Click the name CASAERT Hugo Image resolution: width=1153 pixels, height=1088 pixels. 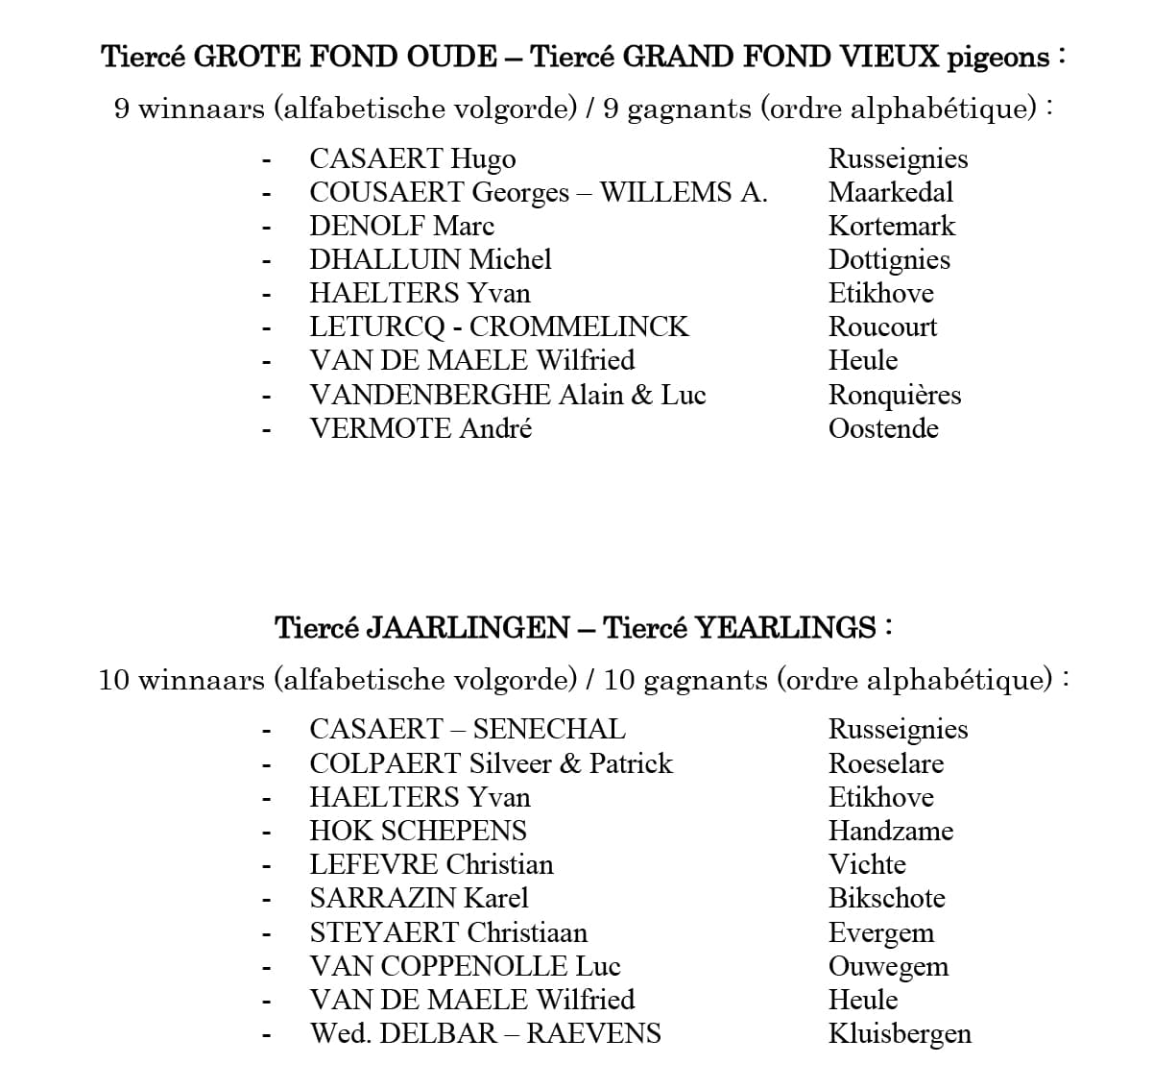(x=412, y=159)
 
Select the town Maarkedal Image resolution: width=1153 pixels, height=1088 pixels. (x=890, y=192)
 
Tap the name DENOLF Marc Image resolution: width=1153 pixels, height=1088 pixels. (x=401, y=227)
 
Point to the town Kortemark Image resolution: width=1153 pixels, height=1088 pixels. (x=891, y=227)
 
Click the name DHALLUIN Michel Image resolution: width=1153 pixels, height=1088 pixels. (x=430, y=260)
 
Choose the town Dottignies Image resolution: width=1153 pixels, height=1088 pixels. (x=888, y=260)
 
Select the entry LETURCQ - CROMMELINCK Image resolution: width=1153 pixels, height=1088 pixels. (x=498, y=327)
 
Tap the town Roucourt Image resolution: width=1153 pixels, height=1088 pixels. (x=882, y=327)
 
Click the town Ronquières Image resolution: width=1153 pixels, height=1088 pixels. (x=894, y=396)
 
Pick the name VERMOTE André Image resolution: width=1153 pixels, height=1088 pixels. (x=420, y=429)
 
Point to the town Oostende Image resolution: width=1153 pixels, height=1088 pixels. (x=882, y=429)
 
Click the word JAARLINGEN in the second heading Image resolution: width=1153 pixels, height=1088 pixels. (x=468, y=628)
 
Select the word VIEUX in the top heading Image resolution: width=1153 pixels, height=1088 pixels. (x=890, y=58)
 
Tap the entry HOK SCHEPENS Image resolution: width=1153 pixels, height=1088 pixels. (x=418, y=832)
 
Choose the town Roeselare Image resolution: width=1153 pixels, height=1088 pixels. (x=885, y=764)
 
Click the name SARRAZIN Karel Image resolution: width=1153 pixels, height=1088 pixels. (x=419, y=899)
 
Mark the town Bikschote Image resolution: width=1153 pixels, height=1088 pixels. (x=886, y=899)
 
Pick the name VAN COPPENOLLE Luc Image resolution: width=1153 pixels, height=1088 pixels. (x=465, y=966)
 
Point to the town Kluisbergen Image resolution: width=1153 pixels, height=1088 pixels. (x=899, y=1034)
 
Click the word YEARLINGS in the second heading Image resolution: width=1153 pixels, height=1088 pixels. (x=785, y=628)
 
